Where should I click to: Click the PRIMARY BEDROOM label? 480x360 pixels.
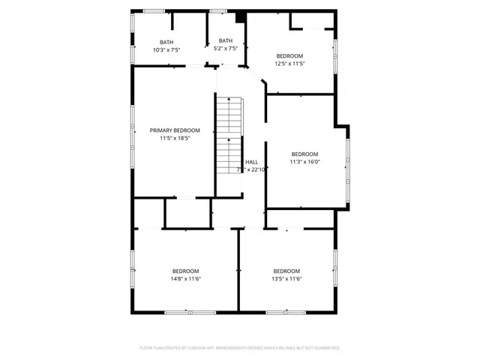click(x=175, y=130)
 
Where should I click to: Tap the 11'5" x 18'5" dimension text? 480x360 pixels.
click(x=175, y=138)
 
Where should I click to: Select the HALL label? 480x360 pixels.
click(x=252, y=161)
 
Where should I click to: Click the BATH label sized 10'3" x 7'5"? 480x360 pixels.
click(x=166, y=42)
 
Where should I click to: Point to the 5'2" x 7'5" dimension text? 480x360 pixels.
click(x=226, y=49)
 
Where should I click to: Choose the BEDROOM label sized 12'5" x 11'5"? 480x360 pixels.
click(x=289, y=56)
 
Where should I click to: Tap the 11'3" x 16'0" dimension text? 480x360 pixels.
click(x=304, y=161)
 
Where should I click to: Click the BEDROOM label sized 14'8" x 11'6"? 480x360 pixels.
click(x=185, y=271)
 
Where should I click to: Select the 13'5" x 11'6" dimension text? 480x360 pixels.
click(x=286, y=279)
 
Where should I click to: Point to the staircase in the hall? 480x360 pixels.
click(x=229, y=135)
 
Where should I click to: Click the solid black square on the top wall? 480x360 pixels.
click(x=241, y=16)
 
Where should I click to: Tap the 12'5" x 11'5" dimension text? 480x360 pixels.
click(x=289, y=64)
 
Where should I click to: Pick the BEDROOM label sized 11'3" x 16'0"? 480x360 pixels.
click(x=304, y=154)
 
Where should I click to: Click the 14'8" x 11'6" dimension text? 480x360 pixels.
click(x=185, y=279)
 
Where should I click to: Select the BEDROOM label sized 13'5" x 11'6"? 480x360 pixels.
click(x=286, y=271)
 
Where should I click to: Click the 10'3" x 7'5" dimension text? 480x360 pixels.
click(x=166, y=49)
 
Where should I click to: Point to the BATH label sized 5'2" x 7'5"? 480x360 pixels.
click(x=226, y=40)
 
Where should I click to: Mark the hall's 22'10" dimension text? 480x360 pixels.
click(x=259, y=169)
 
